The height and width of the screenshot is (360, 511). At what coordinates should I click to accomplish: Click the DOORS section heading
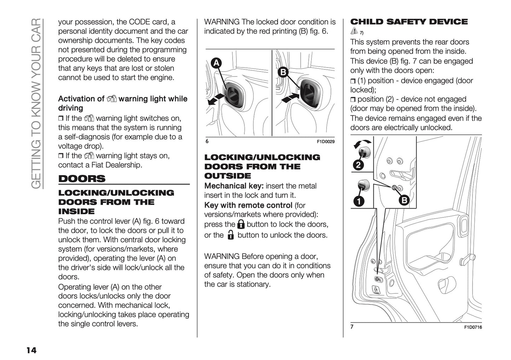tap(82, 179)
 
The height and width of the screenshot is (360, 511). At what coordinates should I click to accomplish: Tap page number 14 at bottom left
tap(31, 350)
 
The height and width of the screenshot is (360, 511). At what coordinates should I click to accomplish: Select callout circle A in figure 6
tap(216, 63)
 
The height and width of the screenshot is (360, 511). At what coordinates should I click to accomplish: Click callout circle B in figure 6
tap(283, 72)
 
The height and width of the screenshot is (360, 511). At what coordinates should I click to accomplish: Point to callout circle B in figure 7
tap(403, 201)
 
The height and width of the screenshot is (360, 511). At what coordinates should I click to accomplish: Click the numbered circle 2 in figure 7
tap(358, 165)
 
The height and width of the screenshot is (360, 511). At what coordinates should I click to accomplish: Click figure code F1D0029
tap(325, 142)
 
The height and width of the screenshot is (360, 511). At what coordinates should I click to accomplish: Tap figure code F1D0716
tap(473, 327)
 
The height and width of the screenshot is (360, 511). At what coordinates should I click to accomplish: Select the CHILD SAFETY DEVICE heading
tap(408, 22)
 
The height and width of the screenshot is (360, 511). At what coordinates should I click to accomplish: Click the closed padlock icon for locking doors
tap(241, 224)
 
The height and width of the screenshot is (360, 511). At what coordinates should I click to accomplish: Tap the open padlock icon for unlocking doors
tap(231, 235)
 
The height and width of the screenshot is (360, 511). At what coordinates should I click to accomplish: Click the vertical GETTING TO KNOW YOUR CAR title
tap(36, 103)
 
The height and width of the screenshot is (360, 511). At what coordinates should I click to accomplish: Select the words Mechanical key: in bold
tap(234, 186)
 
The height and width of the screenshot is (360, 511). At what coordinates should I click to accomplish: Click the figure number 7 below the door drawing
tap(352, 327)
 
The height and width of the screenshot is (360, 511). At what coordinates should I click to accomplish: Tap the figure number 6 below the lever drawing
tap(207, 141)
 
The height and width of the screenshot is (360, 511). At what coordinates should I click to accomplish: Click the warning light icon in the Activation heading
tap(111, 99)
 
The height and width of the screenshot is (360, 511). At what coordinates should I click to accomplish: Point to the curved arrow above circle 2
tap(363, 143)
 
